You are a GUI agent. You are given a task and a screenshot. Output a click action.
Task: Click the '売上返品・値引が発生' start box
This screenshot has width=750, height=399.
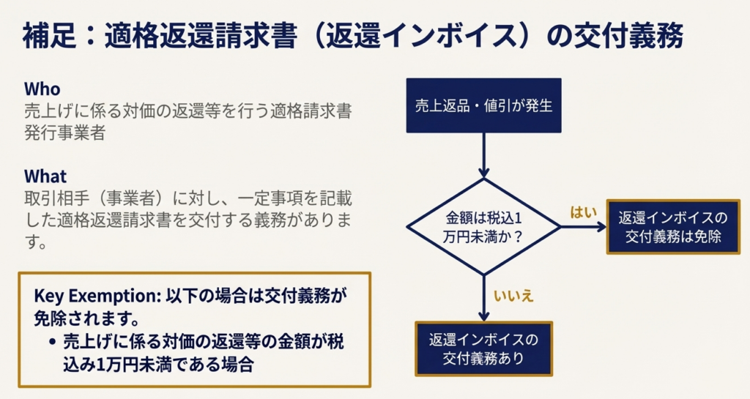pos(483,105)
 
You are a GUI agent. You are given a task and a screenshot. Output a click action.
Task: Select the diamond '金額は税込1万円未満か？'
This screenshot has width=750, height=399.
pos(483,228)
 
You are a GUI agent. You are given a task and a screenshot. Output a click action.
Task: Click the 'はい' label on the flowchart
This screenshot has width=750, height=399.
pos(582,212)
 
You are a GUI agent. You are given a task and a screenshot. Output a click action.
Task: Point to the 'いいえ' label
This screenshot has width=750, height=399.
pos(513,296)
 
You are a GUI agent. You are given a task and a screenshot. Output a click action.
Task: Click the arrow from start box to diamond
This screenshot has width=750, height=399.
pos(483,155)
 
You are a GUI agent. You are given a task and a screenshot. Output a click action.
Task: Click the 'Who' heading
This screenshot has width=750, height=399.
pos(42,89)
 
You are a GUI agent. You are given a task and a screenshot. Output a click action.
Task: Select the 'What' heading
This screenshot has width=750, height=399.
pos(45,176)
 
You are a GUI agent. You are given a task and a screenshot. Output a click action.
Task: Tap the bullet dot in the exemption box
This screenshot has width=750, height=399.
pos(53,342)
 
